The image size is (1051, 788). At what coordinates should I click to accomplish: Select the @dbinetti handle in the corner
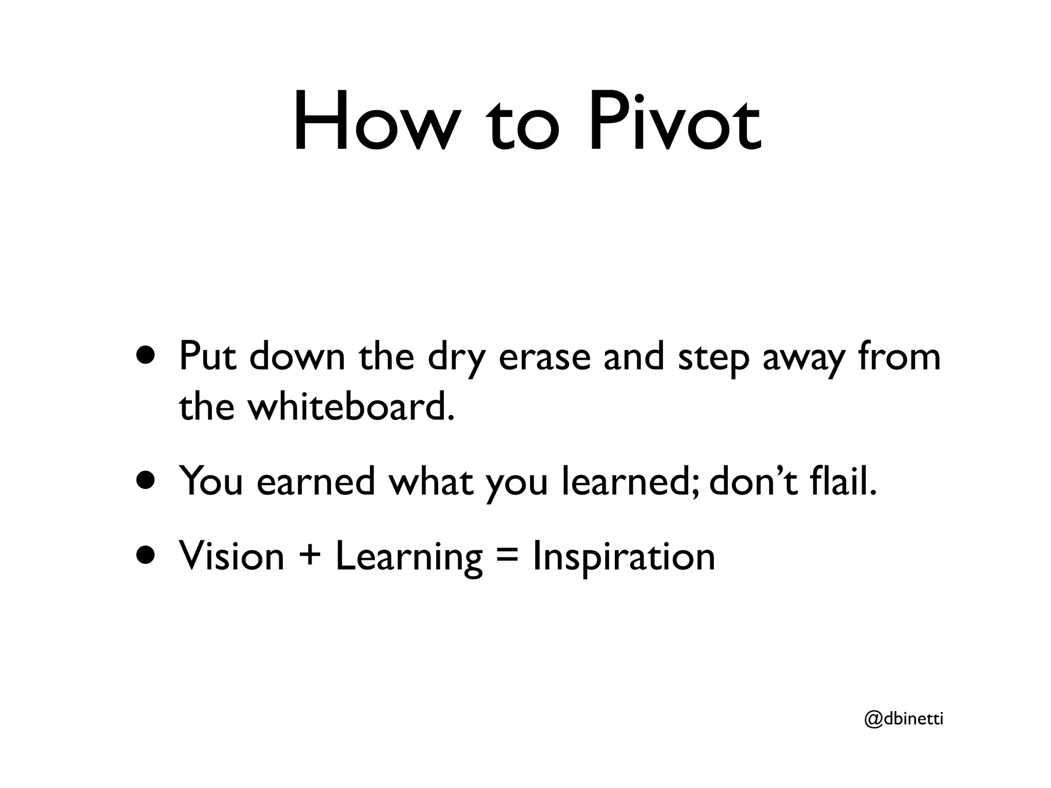tap(904, 719)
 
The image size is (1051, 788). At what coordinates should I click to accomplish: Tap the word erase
tap(544, 357)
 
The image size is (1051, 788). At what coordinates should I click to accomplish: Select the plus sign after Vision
tap(310, 556)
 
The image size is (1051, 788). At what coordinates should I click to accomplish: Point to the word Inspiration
tap(624, 557)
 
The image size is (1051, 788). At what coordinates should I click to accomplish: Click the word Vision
tap(231, 556)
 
